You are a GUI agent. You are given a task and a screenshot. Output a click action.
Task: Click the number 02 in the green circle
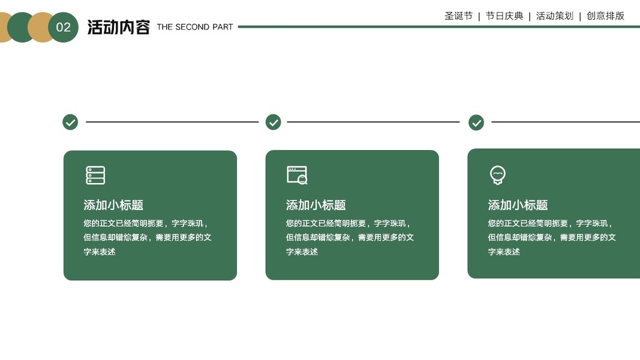coord(63,27)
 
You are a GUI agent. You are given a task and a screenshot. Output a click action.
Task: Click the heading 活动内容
coord(118,27)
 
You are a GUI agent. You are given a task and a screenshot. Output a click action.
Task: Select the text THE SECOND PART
coord(195,27)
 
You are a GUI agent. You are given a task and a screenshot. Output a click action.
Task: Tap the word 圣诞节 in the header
coord(458,16)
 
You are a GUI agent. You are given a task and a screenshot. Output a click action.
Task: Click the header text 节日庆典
coord(504,16)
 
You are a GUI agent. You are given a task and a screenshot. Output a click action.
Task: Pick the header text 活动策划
coord(555,16)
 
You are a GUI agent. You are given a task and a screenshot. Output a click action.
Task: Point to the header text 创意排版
coord(605,16)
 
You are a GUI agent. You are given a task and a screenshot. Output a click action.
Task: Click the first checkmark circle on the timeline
coord(70,122)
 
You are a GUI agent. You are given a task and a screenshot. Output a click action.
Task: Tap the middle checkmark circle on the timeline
coord(274,122)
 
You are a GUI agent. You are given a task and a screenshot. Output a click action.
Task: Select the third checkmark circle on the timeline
coord(477,122)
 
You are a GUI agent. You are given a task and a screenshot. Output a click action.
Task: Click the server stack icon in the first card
coord(95,175)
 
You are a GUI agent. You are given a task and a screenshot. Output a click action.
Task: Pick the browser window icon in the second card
coord(297,175)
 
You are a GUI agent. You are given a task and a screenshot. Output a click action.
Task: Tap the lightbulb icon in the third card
coord(498,175)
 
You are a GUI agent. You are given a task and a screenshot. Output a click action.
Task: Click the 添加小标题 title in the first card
coord(113,205)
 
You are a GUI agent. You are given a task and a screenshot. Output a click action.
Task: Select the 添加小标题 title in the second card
coord(316,205)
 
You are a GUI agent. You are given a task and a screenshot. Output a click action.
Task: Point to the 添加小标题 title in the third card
coord(518,205)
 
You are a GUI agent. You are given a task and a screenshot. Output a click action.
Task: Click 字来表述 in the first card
coord(100,252)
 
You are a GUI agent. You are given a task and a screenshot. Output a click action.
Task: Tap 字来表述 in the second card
coord(302,252)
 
